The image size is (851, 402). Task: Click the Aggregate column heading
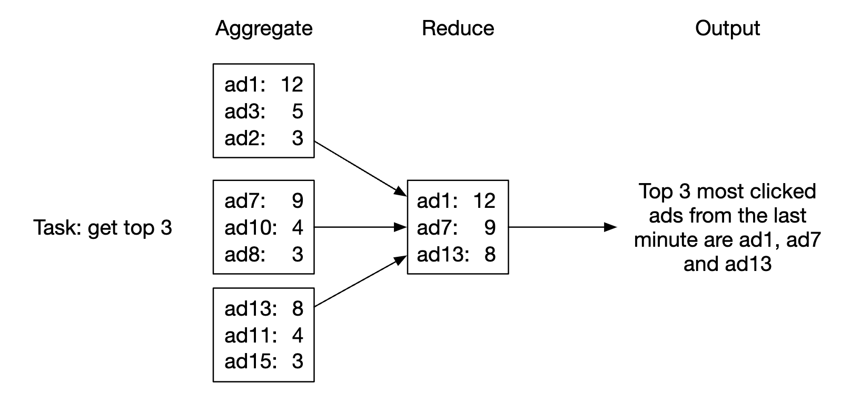tap(264, 28)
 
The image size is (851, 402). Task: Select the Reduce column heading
tap(458, 28)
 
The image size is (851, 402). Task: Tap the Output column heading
tap(727, 28)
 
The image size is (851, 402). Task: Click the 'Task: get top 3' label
tap(103, 228)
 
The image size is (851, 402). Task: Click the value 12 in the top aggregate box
tap(292, 85)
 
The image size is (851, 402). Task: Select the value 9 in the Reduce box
tap(490, 228)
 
